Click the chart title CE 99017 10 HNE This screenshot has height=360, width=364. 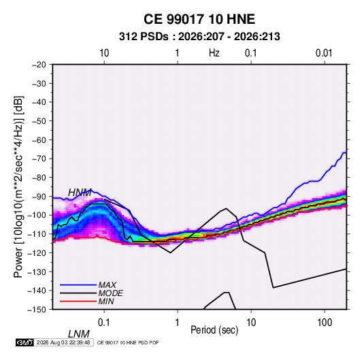[x=199, y=19]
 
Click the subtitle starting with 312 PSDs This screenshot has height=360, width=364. [x=199, y=37]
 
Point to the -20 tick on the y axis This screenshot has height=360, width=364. [x=39, y=65]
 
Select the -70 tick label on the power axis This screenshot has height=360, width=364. [x=39, y=159]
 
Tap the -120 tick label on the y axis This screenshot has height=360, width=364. [x=37, y=253]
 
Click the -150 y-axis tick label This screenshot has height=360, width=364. [x=37, y=310]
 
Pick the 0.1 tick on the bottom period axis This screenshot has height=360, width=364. [x=104, y=323]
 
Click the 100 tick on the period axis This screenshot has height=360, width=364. [x=325, y=323]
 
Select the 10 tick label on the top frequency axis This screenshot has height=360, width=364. [x=104, y=53]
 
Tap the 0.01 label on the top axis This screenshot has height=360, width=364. [x=324, y=53]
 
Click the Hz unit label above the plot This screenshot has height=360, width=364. [x=214, y=53]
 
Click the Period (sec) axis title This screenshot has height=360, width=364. [x=214, y=330]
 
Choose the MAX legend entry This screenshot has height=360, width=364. [x=107, y=285]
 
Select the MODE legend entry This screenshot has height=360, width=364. [x=110, y=293]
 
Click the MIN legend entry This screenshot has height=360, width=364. [x=106, y=301]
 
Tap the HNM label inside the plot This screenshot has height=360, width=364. [x=80, y=193]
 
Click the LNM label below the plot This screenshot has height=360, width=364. [x=79, y=334]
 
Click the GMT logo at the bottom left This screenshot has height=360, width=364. [x=25, y=342]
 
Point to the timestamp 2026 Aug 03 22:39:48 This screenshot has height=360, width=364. [x=63, y=342]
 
